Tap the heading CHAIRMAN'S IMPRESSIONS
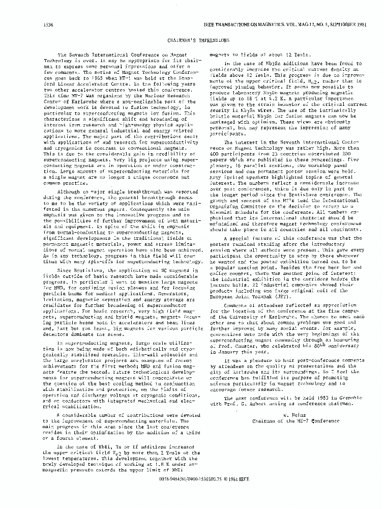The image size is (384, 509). pyautogui.click(x=191, y=39)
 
